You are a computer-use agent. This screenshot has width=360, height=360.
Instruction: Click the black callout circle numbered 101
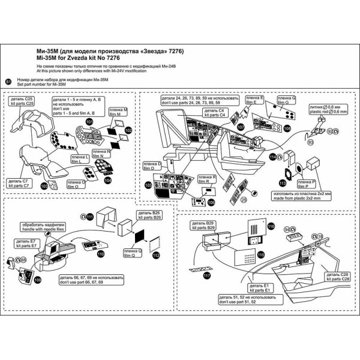coord(89,121)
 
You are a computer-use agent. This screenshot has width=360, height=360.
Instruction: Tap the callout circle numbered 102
coord(128,130)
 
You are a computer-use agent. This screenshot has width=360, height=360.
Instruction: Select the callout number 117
coord(206,276)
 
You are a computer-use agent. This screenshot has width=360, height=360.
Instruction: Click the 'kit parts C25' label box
coord(22,102)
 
